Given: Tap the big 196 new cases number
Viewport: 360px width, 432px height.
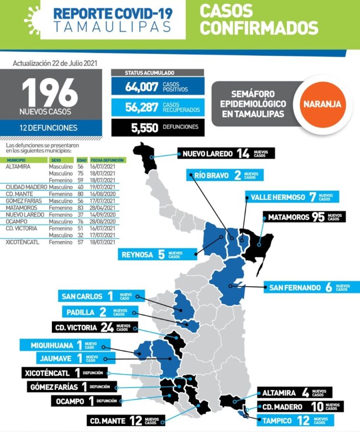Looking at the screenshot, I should [x=49, y=92].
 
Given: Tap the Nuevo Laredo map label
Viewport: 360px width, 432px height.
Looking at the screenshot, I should [x=226, y=154].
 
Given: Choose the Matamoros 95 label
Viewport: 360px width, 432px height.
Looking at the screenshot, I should [x=304, y=217].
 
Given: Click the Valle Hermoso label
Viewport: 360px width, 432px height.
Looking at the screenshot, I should [x=291, y=197].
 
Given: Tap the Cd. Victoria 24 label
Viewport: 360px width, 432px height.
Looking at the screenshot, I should [x=92, y=328].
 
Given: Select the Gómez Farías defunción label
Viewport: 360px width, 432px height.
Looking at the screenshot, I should [x=71, y=387].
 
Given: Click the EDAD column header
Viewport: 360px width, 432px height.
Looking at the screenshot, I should [x=82, y=160].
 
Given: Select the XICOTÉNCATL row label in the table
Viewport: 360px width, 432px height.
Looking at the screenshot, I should [x=23, y=243].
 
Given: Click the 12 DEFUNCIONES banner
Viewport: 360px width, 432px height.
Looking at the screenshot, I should [x=49, y=128].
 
